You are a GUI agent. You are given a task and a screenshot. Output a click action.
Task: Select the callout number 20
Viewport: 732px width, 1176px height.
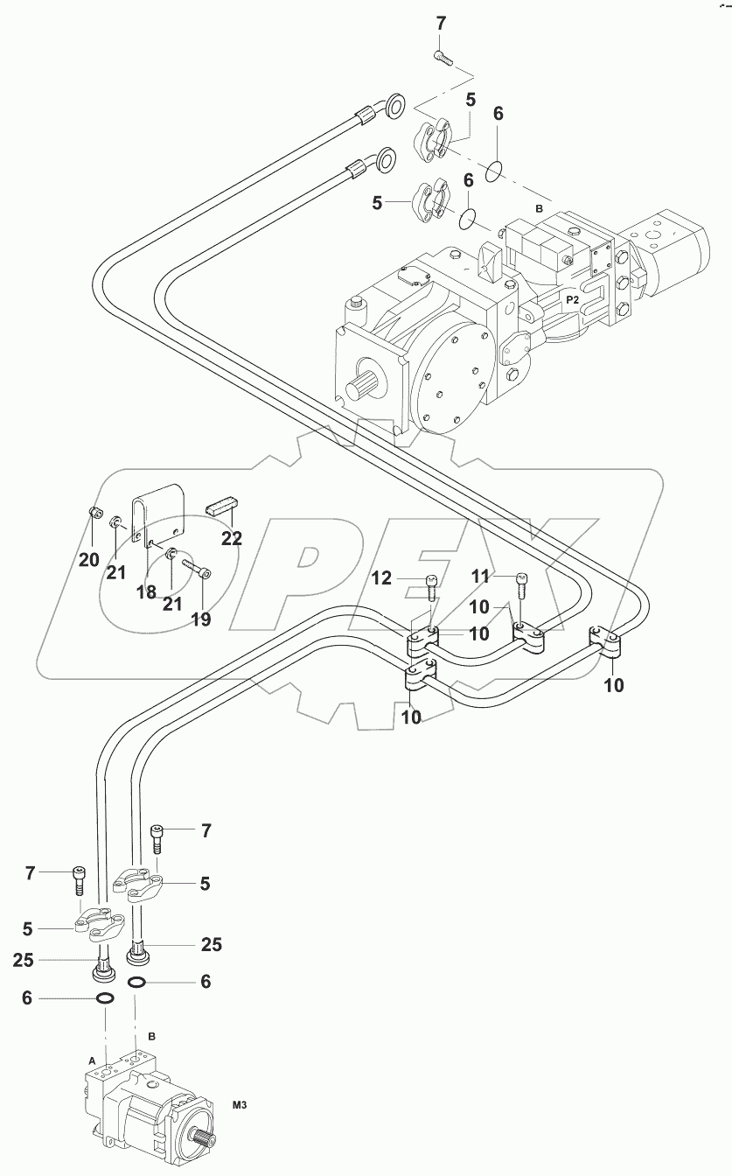(x=88, y=560)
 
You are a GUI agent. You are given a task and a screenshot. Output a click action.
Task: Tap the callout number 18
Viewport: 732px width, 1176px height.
(x=146, y=591)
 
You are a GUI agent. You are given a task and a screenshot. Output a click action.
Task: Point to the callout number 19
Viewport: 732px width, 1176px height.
(x=201, y=619)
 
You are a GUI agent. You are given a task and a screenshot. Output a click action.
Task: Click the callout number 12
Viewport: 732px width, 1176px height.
(x=381, y=578)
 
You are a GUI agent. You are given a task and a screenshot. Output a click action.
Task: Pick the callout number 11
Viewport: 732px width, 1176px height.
(x=480, y=577)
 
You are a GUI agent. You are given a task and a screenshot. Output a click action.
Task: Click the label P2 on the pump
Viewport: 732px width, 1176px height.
(x=572, y=300)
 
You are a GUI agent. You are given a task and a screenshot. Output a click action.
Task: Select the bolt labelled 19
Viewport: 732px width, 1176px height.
(x=196, y=569)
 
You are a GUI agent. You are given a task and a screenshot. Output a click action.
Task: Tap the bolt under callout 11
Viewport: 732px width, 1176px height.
(x=521, y=584)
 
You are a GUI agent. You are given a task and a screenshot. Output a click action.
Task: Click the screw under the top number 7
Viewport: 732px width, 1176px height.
(x=443, y=57)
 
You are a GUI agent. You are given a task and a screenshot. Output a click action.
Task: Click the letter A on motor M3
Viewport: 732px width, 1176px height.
(x=92, y=1061)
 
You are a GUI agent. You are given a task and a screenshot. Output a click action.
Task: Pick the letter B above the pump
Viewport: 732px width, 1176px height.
(x=539, y=208)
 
